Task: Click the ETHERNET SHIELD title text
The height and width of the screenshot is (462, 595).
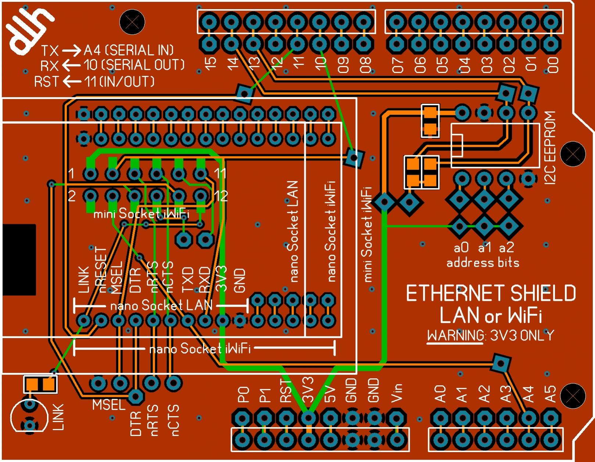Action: tap(491, 294)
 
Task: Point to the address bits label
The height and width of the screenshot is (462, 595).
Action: tap(483, 263)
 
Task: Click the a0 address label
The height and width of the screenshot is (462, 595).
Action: tap(461, 248)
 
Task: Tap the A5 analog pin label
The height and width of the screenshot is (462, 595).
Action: tap(550, 393)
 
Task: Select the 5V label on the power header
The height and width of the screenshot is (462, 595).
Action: tap(330, 393)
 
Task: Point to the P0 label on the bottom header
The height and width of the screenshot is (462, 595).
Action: tap(243, 394)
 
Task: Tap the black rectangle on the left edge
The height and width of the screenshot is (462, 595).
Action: tap(19, 260)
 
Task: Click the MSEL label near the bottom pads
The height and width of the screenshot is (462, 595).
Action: tap(109, 405)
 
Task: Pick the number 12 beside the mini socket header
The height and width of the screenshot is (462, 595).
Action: tap(221, 196)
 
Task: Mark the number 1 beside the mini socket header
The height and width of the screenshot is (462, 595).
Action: tap(71, 173)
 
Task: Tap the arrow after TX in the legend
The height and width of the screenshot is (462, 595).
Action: tap(71, 50)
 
